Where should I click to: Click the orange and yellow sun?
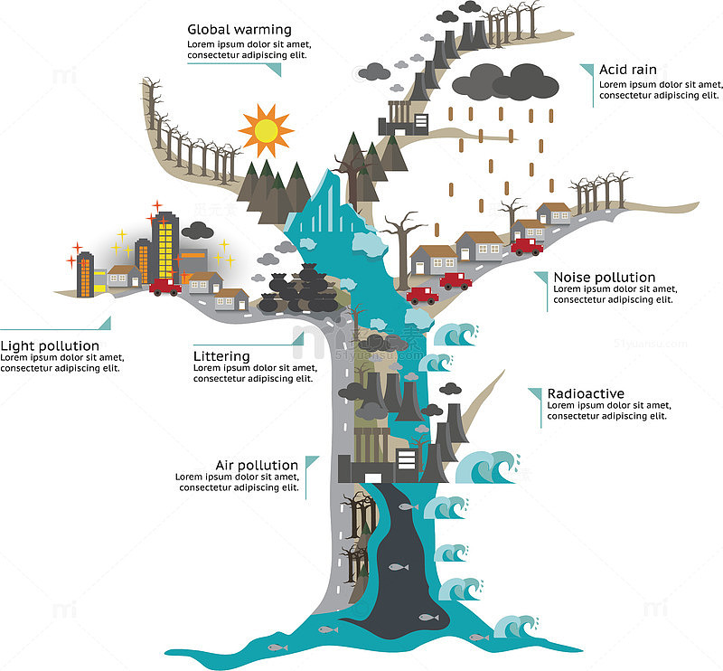coord(266,130)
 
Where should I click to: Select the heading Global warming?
coord(239,30)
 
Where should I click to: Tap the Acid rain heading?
coord(627,70)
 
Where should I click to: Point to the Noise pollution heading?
coord(604,278)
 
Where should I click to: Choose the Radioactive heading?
coord(586,393)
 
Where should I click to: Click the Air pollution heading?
coord(257,465)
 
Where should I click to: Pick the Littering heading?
coord(221,356)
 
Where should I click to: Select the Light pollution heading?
coord(50,346)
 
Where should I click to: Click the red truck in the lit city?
coord(164,287)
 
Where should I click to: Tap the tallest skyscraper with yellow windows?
coord(165,247)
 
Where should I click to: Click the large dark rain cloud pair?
coord(505,82)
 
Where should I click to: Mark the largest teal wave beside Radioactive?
coord(487,468)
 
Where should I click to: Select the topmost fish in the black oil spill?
coord(408,506)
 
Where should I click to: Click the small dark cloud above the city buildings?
coord(197,231)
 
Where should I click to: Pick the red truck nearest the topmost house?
coord(527,247)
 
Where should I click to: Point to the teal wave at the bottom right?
coord(515,627)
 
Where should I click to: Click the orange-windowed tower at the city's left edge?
coord(85,275)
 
